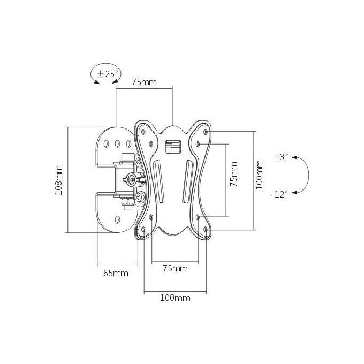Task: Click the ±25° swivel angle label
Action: coord(108,74)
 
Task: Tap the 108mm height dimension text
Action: coord(58,180)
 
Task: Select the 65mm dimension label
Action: coord(116,273)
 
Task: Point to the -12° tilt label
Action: coord(279,194)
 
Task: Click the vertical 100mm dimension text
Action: coord(259,175)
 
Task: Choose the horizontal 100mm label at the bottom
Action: coord(175,298)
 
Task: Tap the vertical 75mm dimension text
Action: coord(233,174)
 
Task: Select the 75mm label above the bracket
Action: coord(144,82)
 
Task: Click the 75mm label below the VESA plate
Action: coord(175,268)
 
